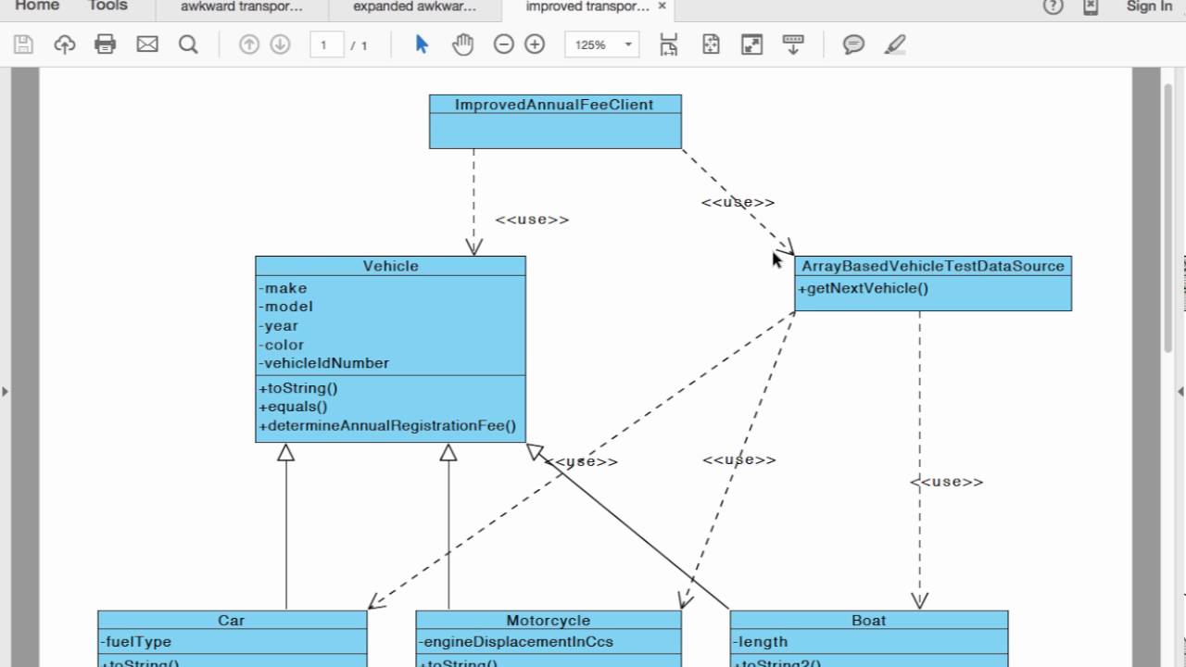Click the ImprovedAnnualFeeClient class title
click(554, 105)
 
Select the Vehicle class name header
click(390, 266)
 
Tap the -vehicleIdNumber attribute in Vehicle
click(324, 363)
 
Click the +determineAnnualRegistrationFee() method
click(388, 426)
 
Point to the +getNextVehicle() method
click(863, 288)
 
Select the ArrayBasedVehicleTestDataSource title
click(932, 266)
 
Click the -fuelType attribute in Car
click(136, 641)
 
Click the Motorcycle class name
click(548, 621)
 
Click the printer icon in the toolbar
click(106, 44)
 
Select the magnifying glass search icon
click(188, 44)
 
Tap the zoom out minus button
click(503, 44)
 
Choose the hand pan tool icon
click(462, 44)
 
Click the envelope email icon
click(147, 44)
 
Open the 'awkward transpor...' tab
click(242, 7)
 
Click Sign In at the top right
click(1149, 7)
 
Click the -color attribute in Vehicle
click(283, 345)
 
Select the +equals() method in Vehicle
click(294, 407)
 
